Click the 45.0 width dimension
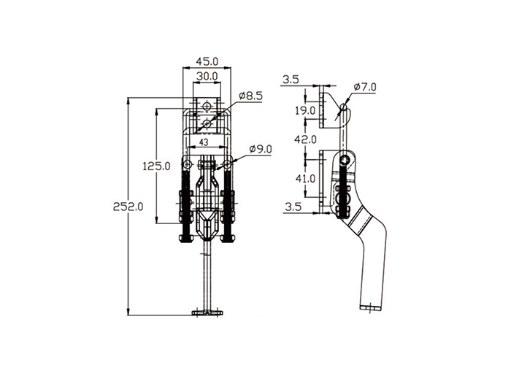coord(207,61)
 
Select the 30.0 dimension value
coord(207,76)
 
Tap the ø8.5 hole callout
coord(250,96)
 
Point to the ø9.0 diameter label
coord(260,149)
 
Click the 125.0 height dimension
coord(156,166)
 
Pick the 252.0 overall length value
coord(128,207)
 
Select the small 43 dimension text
coord(204,142)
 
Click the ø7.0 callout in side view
coord(365,87)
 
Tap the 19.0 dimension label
coord(305,111)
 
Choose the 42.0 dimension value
coord(305,139)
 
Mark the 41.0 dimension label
coord(305,179)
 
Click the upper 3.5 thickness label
coord(291,80)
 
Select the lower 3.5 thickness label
coord(293,207)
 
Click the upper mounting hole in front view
coord(207,107)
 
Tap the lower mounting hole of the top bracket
coord(207,123)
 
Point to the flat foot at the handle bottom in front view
coord(207,313)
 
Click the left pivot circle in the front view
coord(187,164)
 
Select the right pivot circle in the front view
coord(227,164)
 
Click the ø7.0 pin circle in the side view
coord(344,107)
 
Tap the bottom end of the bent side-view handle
coord(370,307)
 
